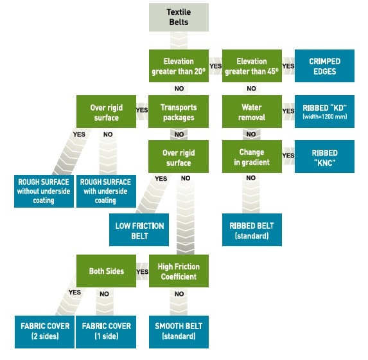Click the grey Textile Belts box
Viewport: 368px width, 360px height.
click(179, 17)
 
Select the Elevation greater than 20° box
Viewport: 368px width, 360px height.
click(179, 66)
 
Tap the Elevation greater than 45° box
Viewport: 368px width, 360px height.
click(252, 66)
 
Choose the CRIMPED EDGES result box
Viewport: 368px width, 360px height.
click(324, 66)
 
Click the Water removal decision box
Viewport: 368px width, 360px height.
click(252, 112)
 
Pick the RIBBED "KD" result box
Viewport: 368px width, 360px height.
click(324, 112)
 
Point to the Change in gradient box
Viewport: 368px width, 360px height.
click(252, 156)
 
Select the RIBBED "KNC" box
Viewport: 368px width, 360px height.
click(324, 156)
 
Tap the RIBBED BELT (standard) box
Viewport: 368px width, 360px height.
click(252, 230)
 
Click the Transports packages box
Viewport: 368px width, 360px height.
click(179, 112)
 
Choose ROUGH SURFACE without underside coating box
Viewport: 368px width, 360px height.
click(44, 191)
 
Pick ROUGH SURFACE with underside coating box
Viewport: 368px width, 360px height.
click(106, 191)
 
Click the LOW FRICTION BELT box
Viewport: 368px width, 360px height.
click(139, 230)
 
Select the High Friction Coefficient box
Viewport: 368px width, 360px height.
click(179, 271)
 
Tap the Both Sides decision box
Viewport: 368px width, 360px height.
click(106, 271)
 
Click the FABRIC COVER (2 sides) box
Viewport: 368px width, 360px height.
click(44, 332)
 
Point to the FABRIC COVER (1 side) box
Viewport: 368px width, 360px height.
click(106, 332)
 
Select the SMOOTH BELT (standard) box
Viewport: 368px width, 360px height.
click(179, 332)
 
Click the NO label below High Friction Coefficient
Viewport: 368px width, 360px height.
click(179, 294)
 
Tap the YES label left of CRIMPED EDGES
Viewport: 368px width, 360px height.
click(288, 66)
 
